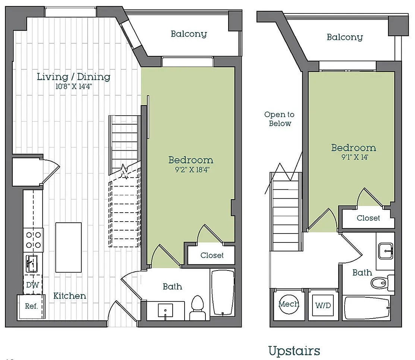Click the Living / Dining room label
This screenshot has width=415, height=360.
pos(73,77)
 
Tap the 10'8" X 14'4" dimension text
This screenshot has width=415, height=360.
pos(73,86)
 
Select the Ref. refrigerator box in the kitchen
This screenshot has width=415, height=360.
pos(31,307)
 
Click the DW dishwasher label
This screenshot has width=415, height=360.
pos(33,285)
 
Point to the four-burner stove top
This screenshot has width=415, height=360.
pos(33,240)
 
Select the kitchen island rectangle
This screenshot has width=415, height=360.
pos(68,247)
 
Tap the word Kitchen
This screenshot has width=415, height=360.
pos(70,296)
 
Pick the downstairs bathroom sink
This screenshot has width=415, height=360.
pos(166,310)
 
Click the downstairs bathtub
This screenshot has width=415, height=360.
pos(223,292)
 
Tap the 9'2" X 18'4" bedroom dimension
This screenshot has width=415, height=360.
pos(192,169)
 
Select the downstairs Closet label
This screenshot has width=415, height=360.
pos(212,256)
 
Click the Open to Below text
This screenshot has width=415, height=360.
pos(280,119)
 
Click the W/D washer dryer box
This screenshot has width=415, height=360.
pos(323,306)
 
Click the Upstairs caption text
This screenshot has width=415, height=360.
pos(294,351)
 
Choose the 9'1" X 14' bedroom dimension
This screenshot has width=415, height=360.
pos(355,157)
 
